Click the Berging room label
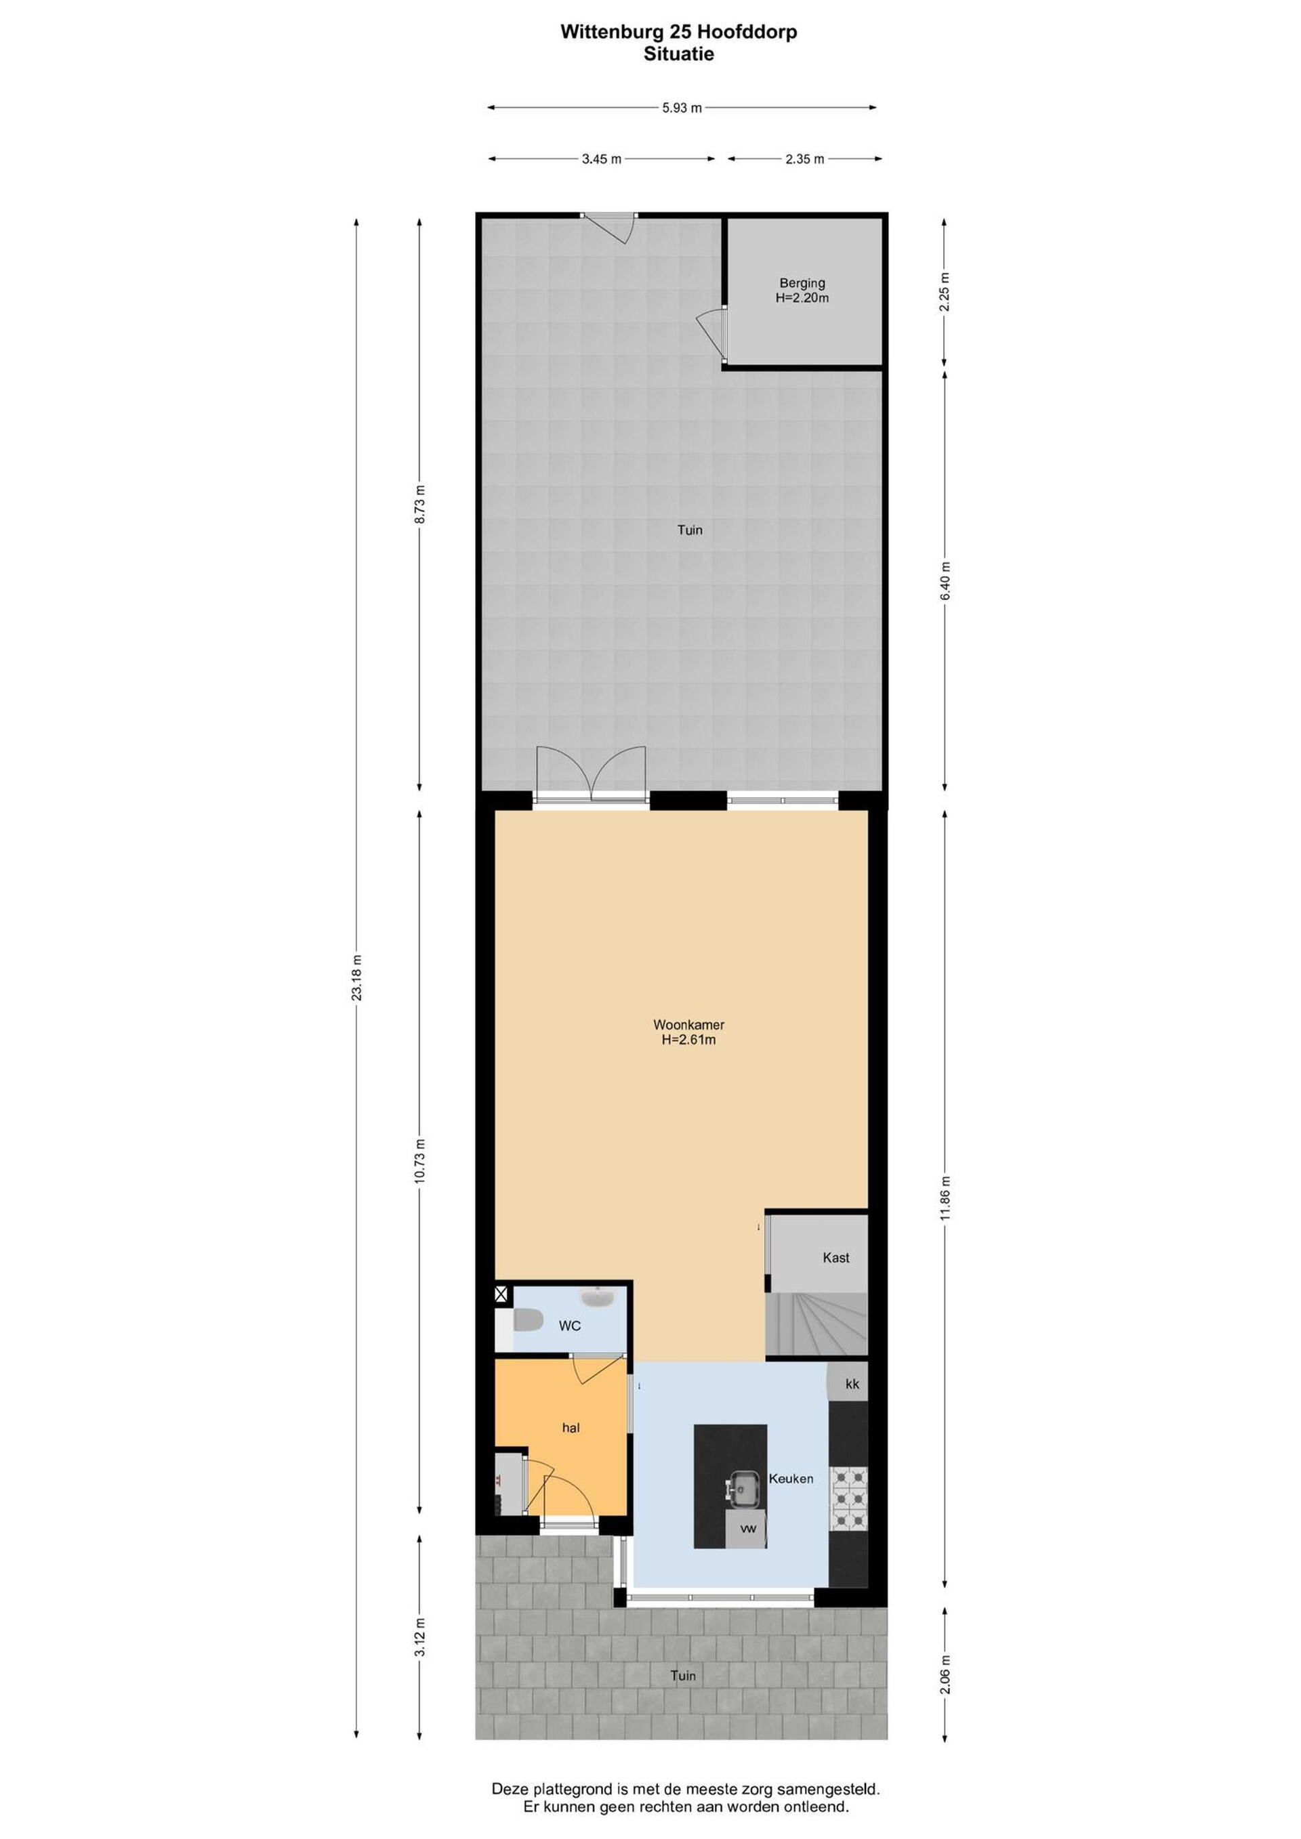point(802,282)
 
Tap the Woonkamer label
point(689,1024)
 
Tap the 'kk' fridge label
point(852,1383)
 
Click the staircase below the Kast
point(817,1324)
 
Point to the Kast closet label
point(835,1258)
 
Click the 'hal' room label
point(571,1427)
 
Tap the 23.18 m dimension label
point(357,976)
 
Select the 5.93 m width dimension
point(682,107)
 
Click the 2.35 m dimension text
point(804,158)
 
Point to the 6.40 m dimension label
point(945,580)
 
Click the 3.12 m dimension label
point(421,1638)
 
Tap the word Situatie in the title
point(678,54)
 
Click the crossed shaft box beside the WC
point(501,1294)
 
